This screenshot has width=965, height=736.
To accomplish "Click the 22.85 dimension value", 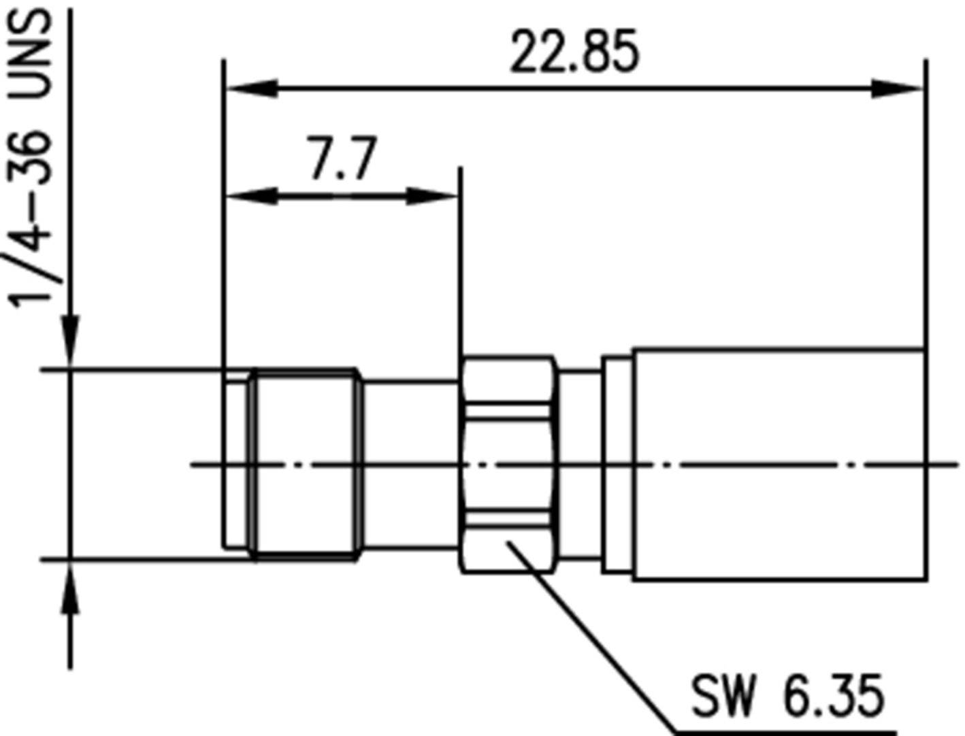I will pyautogui.click(x=574, y=52).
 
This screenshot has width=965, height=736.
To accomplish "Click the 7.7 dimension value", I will pyautogui.click(x=342, y=158).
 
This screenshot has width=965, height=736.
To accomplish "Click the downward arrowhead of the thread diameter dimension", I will pyautogui.click(x=71, y=340).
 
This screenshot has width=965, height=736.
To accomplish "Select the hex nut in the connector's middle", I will pyautogui.click(x=507, y=464).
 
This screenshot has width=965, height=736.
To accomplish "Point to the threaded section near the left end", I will pyautogui.click(x=305, y=465).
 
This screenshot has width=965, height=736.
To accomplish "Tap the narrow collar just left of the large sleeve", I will pyautogui.click(x=617, y=465).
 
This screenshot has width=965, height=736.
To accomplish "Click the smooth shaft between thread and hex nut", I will pyautogui.click(x=410, y=465).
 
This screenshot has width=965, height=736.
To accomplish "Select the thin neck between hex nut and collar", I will pyautogui.click(x=579, y=465).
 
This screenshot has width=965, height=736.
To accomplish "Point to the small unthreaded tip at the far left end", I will pyautogui.click(x=235, y=465).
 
